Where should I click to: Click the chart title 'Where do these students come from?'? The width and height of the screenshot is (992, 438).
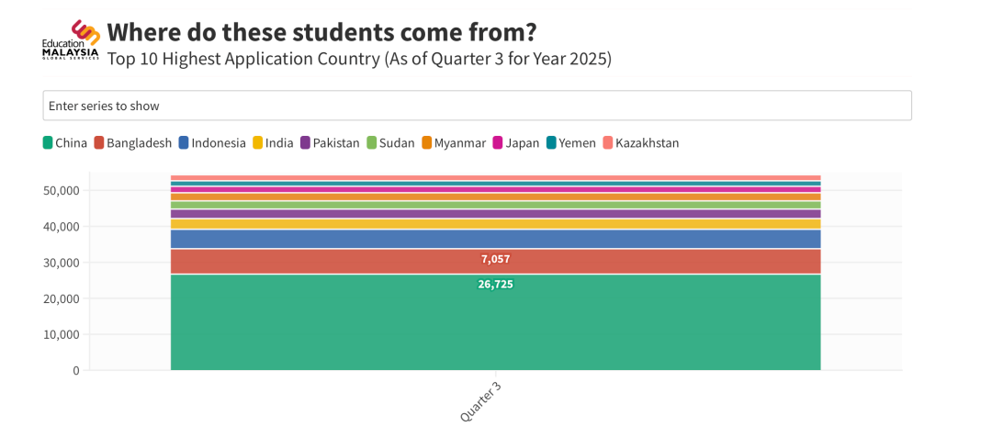321,32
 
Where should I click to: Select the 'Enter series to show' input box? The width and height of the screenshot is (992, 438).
477,106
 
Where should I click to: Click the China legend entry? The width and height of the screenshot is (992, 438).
65,142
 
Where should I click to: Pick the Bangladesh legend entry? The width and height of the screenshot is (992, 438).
133,142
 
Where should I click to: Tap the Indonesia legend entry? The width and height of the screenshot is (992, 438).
212,142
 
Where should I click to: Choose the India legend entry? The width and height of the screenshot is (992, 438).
274,142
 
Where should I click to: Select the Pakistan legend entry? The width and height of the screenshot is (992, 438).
330,142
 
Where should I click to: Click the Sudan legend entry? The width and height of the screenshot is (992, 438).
390,142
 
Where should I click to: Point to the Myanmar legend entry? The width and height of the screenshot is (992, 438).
454,142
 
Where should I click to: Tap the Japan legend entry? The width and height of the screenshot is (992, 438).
516,142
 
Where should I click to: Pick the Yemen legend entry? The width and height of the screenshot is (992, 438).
571,142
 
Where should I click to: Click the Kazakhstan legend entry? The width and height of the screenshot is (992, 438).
641,142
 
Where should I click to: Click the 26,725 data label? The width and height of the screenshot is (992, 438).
495,285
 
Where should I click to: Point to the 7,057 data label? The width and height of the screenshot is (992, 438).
495,259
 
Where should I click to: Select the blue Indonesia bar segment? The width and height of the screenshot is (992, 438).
495,239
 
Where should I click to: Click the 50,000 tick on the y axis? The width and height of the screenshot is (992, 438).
62,190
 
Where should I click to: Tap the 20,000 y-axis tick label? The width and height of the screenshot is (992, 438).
62,298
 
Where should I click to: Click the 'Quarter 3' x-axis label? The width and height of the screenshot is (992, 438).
480,402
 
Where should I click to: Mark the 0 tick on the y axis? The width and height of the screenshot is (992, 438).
75,370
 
